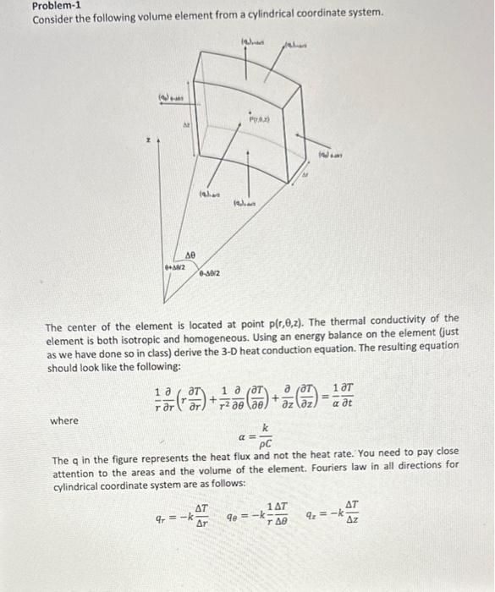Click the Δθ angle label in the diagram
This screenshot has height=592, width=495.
(190, 254)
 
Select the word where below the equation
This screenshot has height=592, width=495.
(64, 419)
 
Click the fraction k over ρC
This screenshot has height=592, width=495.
(265, 437)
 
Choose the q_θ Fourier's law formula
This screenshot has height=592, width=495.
(258, 515)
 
